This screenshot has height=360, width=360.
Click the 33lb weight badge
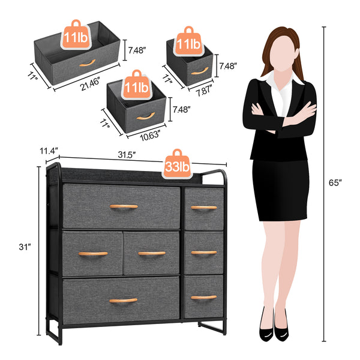pos(177,164)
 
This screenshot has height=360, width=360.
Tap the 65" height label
pos(337,182)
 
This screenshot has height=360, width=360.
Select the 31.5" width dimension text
pos(126,155)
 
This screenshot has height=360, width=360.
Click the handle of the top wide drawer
pos(124,206)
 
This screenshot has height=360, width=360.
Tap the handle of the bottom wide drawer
pos(124,300)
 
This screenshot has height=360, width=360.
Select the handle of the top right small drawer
pos(204,208)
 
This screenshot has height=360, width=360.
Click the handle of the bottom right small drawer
pos(204,297)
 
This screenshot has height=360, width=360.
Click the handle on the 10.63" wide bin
pos(145,116)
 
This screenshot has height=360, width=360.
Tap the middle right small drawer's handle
pos(204,253)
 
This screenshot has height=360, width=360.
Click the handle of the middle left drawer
pos(93,253)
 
